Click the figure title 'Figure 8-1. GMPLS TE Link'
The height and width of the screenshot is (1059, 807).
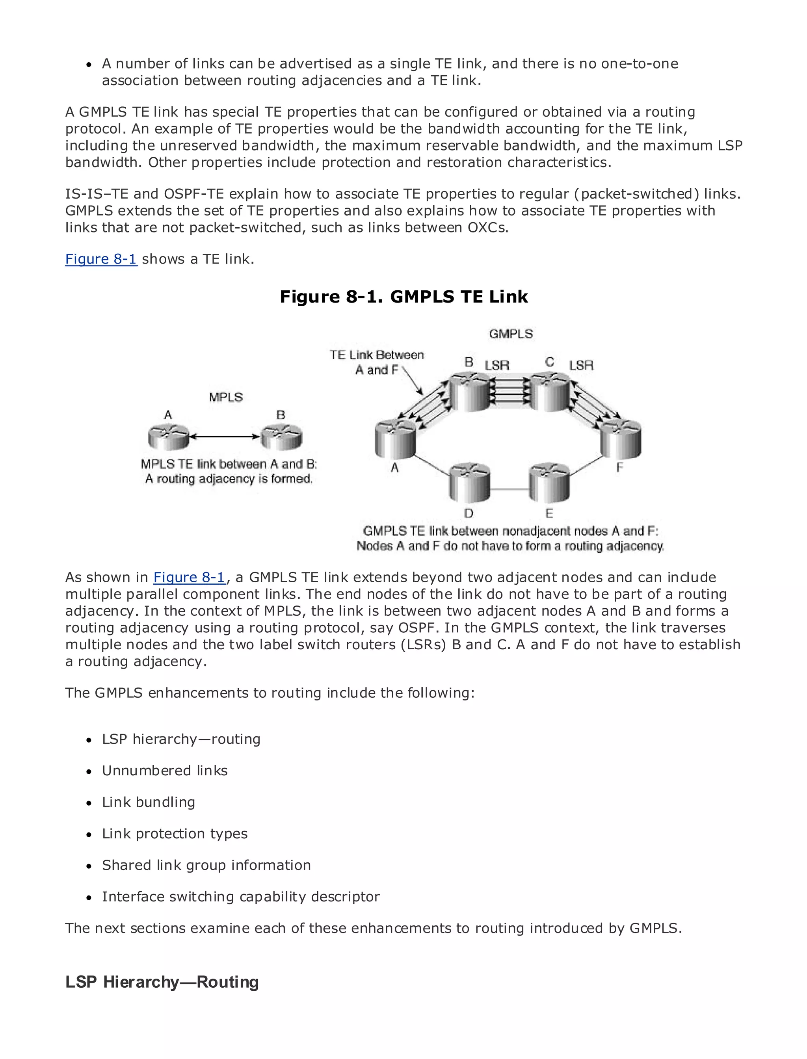(403, 296)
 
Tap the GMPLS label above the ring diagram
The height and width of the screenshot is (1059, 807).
(510, 334)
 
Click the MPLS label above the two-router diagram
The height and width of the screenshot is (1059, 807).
(226, 397)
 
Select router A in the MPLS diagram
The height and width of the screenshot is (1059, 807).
(169, 437)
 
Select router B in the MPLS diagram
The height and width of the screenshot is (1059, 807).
(281, 437)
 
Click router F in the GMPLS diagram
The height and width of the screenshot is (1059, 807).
(621, 438)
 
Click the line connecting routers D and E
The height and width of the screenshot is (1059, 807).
(509, 489)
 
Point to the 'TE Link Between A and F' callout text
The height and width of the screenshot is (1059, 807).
(377, 362)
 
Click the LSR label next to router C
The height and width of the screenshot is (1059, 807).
(581, 366)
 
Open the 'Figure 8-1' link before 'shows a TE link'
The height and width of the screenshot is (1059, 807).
(101, 259)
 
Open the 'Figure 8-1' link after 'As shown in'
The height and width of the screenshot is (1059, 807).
(189, 577)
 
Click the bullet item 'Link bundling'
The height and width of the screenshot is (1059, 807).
(149, 802)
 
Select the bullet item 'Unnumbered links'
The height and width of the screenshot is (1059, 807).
(165, 770)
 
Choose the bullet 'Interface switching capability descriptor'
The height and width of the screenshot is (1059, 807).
(241, 897)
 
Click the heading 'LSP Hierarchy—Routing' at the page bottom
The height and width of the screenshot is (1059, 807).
(162, 982)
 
